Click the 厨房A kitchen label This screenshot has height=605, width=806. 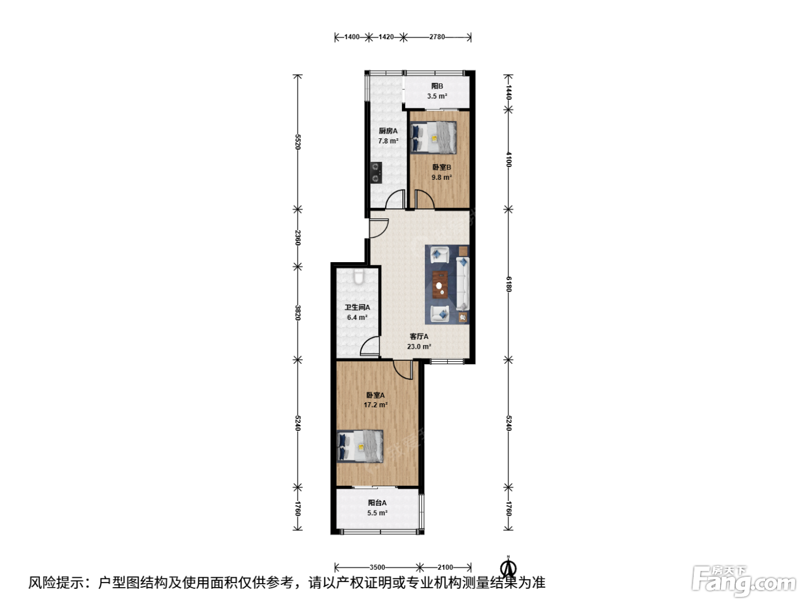(x=388, y=131)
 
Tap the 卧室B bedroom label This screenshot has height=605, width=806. (x=442, y=167)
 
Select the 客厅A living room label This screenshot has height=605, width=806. (x=419, y=336)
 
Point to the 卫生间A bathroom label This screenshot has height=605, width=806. (x=357, y=307)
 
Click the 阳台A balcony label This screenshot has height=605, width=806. (x=377, y=502)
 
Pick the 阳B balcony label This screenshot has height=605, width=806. (x=437, y=86)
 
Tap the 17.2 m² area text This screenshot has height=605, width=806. (x=375, y=405)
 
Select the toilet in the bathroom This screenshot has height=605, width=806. (x=359, y=277)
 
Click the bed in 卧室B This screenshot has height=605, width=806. (x=434, y=138)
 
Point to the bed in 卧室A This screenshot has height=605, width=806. (x=360, y=447)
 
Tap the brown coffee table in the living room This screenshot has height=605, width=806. (x=440, y=285)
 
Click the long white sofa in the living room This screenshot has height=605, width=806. (x=462, y=283)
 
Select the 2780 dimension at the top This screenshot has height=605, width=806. (x=437, y=37)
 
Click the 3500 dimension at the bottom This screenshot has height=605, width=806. (x=377, y=567)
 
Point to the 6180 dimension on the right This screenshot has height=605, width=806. (x=508, y=284)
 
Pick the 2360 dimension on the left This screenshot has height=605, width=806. (x=298, y=237)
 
